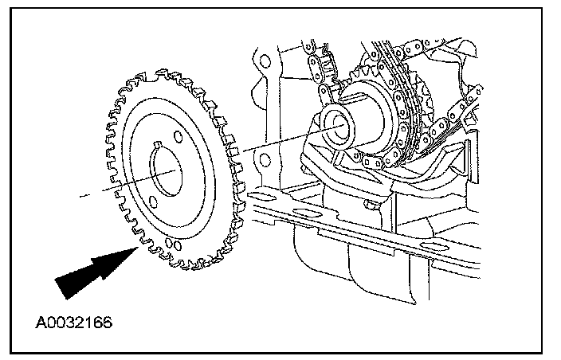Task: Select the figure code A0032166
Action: tap(74, 324)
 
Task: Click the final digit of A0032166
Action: tap(107, 324)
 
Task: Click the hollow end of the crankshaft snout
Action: tap(341, 121)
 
